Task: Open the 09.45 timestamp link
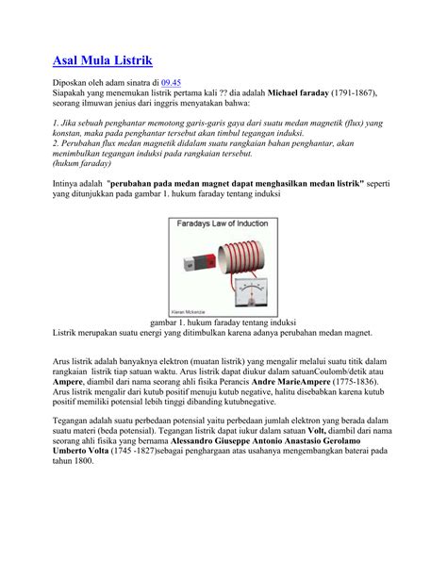pos(174,84)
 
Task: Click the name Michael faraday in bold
pos(305,94)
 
